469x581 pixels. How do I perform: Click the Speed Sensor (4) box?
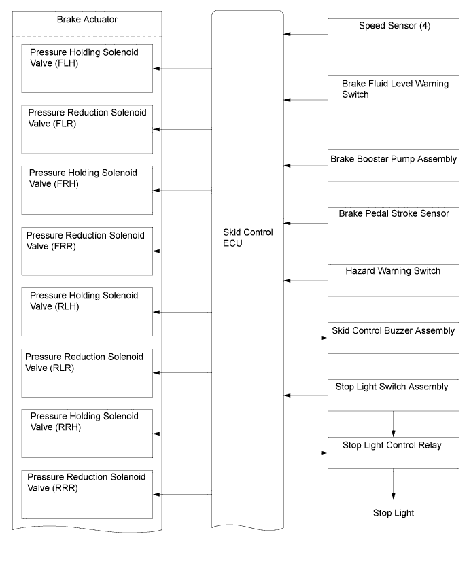click(x=393, y=34)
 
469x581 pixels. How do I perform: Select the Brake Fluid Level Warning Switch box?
click(x=393, y=100)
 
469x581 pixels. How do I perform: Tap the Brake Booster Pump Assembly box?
click(x=393, y=166)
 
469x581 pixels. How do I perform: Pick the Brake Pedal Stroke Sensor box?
click(x=393, y=223)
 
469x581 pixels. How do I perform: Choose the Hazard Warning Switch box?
click(x=393, y=281)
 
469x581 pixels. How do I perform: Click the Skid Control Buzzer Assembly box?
click(x=393, y=338)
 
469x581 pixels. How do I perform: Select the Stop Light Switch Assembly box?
click(x=393, y=395)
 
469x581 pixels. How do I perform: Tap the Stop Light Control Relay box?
click(x=393, y=453)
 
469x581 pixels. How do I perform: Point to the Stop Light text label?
click(x=394, y=513)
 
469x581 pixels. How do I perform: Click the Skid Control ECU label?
click(x=247, y=238)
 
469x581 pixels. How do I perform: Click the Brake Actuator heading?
click(x=87, y=19)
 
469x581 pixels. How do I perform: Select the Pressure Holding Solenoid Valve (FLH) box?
click(x=87, y=69)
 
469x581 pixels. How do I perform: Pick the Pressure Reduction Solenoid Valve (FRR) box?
click(x=87, y=251)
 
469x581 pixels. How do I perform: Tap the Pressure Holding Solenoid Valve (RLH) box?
click(x=87, y=312)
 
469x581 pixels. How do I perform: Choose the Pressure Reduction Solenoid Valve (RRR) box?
click(x=87, y=494)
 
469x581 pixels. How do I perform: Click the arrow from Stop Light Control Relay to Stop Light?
click(x=394, y=484)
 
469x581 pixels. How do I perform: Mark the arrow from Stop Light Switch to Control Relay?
click(x=394, y=424)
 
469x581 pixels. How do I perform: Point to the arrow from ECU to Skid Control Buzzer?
click(x=306, y=338)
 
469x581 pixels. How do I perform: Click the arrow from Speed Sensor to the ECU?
click(x=306, y=34)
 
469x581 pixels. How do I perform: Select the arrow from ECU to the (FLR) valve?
click(x=182, y=129)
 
